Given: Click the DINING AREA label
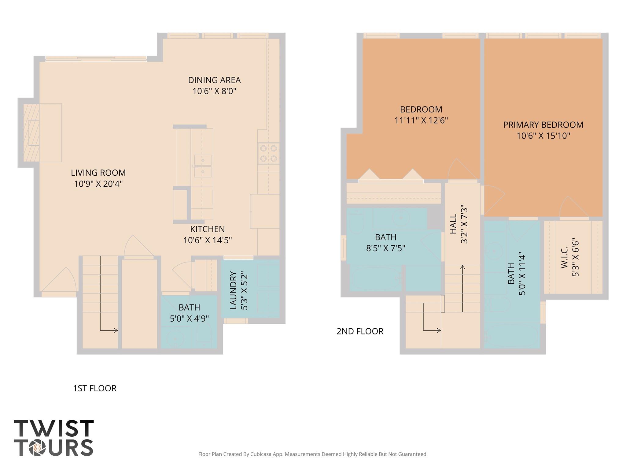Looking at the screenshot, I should click(214, 80).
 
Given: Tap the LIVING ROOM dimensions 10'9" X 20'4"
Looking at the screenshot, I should click(98, 184).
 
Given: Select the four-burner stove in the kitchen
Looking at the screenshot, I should click(268, 153).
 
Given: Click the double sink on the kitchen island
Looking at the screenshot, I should click(203, 166).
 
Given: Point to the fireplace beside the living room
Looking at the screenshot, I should click(31, 132).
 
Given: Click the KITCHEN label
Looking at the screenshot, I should click(207, 229).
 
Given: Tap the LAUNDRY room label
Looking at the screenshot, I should click(233, 290).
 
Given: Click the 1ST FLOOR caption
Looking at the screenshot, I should click(95, 388).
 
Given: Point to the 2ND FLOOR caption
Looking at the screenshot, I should click(360, 331).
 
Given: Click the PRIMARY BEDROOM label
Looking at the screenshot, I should click(543, 125).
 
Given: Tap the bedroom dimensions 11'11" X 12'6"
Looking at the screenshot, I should click(421, 121).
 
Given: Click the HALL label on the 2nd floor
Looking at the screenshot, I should click(453, 224).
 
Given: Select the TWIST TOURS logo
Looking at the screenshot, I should click(54, 438).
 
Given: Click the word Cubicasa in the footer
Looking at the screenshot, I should click(262, 454).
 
